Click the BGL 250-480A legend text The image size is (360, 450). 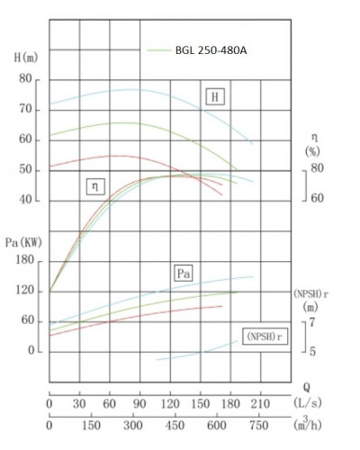coord(211,49)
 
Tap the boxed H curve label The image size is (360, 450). coord(215,97)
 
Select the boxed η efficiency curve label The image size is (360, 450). coord(94,186)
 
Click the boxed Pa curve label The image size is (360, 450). coord(185,271)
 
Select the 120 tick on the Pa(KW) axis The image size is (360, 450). coord(26,291)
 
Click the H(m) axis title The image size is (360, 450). coord(27,58)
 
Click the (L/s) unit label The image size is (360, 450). coord(308,401)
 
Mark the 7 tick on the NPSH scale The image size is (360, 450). coord(311,321)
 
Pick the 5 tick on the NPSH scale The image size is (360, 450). coord(311,350)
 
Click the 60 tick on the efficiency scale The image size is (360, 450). coord(317,196)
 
